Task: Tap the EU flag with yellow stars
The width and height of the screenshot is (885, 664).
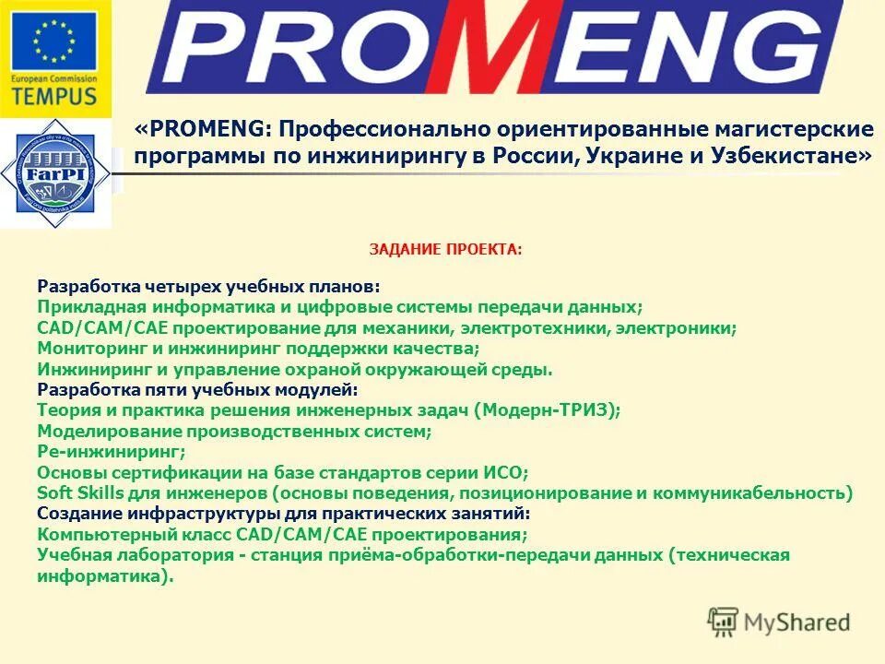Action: (54, 41)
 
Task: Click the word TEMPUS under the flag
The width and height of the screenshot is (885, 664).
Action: (54, 96)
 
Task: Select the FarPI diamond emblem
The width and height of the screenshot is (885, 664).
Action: (54, 172)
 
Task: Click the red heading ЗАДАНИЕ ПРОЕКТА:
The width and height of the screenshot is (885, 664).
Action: (445, 249)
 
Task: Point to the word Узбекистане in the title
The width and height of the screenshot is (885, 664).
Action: (789, 156)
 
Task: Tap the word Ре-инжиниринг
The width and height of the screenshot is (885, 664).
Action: (112, 451)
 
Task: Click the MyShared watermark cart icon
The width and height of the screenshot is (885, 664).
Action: (724, 622)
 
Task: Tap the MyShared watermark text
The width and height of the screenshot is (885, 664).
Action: (797, 622)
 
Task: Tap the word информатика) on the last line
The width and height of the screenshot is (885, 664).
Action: (105, 575)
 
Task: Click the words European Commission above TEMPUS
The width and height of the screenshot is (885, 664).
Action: (54, 80)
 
